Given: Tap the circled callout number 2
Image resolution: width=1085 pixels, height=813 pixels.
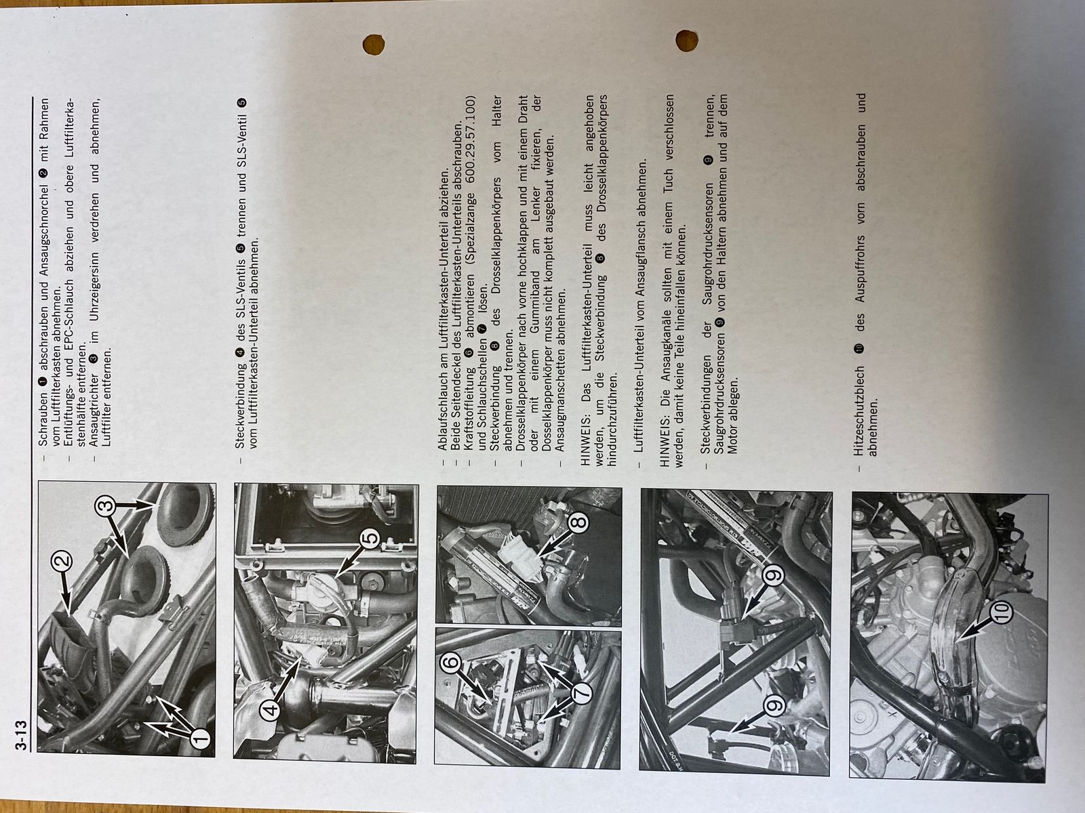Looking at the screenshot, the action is (x=62, y=561).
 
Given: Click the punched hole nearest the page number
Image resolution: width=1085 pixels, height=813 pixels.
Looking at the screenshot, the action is (x=373, y=45).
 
